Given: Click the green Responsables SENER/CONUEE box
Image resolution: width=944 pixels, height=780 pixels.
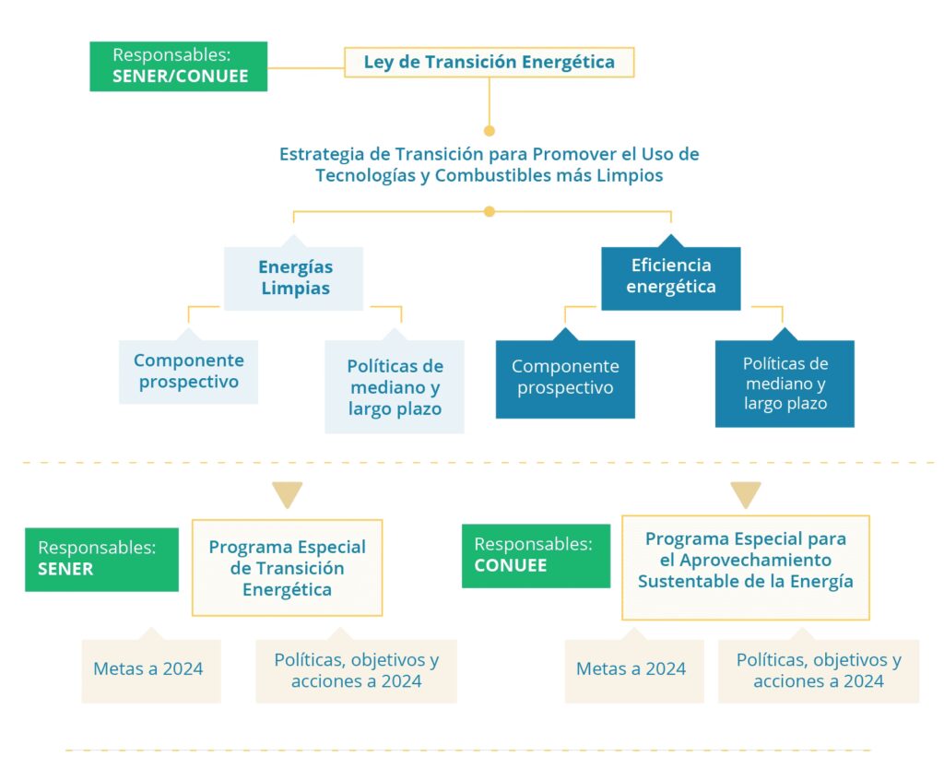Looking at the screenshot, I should point(178,66).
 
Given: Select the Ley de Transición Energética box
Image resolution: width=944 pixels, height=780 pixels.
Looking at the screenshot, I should point(489,63).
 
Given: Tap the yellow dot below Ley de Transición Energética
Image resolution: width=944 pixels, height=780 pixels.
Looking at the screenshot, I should point(490,130).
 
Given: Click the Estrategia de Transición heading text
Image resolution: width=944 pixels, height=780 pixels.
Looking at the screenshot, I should point(489,164).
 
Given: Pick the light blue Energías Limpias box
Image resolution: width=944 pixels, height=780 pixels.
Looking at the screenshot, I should point(294,278).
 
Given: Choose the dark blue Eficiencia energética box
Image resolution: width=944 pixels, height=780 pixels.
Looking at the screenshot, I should point(670,278).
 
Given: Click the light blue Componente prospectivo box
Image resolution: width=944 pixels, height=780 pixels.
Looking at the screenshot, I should point(188,372).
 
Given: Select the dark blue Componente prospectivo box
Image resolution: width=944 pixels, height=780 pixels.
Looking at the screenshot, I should point(565,378).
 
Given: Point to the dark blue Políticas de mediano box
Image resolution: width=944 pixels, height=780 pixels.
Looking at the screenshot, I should point(785,384).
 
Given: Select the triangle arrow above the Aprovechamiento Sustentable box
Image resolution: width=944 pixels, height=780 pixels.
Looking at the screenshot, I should point(746,495).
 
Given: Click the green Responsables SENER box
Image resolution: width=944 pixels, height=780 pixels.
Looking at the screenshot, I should point(101,559).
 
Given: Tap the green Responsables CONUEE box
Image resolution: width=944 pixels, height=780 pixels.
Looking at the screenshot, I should point(536,556).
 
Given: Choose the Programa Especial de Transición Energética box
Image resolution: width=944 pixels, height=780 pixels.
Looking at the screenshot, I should point(287,568).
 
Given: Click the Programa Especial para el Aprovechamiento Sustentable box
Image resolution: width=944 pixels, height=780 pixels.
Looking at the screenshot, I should point(745,567).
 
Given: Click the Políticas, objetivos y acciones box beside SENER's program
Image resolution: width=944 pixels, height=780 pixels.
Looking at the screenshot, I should point(356,671).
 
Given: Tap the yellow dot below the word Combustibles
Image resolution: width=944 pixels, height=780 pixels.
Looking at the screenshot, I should point(490,211).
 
